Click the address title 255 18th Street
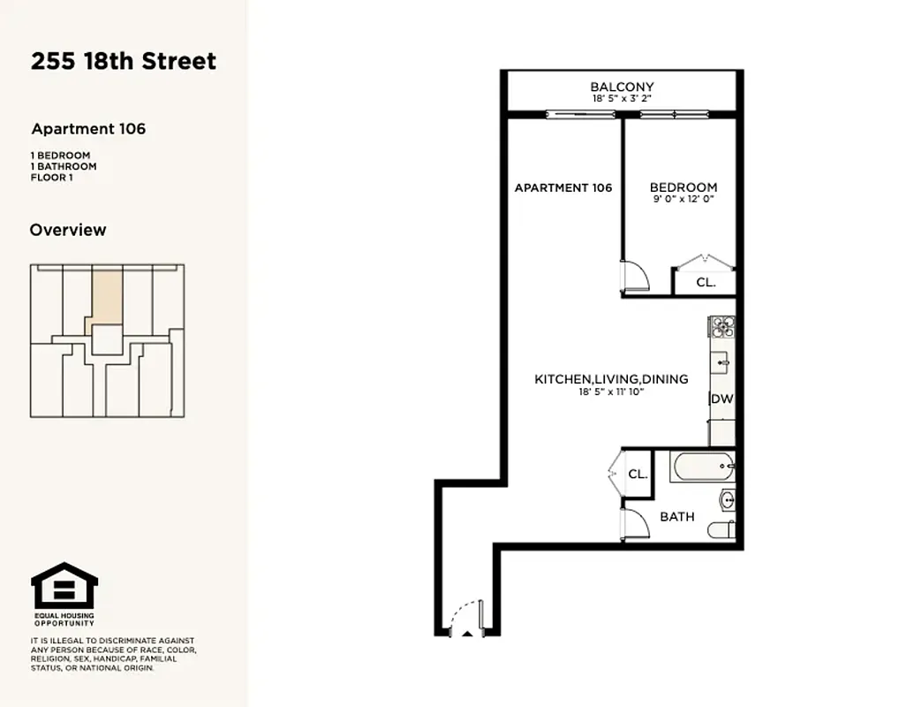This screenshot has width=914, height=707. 124,61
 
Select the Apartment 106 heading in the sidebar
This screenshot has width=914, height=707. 88,129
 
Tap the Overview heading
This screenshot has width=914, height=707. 68,230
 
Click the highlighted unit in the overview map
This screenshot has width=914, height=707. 107,296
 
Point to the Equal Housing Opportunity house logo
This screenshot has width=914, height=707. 64,585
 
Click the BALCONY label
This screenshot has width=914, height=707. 622,87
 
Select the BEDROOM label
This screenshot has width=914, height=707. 683,187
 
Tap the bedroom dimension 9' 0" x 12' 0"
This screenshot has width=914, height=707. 683,200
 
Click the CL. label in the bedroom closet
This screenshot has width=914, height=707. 705,283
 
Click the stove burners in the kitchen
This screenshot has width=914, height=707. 721,328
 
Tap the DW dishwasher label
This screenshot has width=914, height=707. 721,399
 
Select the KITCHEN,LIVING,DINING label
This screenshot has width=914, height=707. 611,379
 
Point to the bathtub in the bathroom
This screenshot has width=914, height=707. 701,466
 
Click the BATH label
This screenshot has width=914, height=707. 677,517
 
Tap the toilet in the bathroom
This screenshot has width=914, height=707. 721,530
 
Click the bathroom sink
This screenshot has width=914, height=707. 725,500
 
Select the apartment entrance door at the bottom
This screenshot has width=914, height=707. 467,619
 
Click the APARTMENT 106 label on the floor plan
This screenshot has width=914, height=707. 563,187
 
